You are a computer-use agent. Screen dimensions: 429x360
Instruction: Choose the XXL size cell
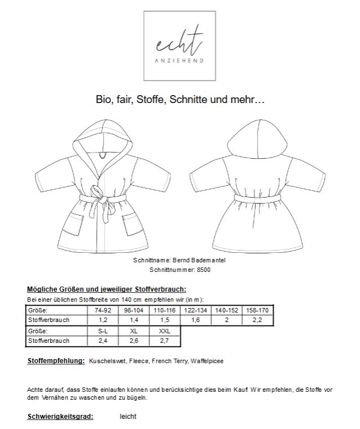163,331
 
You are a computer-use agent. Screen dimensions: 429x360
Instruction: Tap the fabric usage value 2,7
163,341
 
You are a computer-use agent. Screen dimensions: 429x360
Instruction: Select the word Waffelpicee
207,361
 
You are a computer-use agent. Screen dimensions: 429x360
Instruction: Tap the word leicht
128,417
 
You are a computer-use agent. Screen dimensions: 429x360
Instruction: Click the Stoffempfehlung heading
56,360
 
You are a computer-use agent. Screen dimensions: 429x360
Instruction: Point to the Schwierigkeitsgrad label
60,417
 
